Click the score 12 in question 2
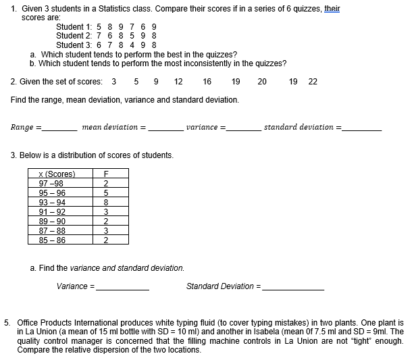coord(178,82)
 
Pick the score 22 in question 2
coord(312,82)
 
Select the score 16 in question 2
coord(207,82)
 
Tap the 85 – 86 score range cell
coord(53,239)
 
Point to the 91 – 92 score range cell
coord(53,211)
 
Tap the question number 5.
coord(7,323)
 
